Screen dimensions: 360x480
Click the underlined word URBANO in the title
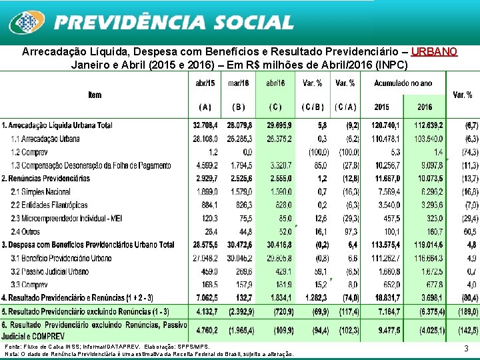(x=434, y=52)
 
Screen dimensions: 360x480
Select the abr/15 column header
(x=205, y=83)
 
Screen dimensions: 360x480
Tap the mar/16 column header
(x=238, y=83)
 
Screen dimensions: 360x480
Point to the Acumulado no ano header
(x=403, y=83)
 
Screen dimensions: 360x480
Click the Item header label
(x=95, y=95)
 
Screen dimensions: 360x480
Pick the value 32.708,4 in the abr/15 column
(x=205, y=125)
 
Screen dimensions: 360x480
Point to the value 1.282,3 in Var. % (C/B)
(x=312, y=297)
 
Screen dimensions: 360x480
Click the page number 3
(x=466, y=349)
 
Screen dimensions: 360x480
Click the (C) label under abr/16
(x=275, y=107)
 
